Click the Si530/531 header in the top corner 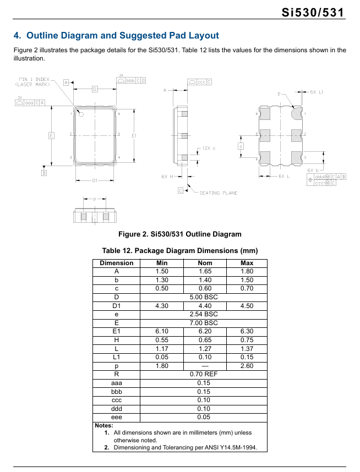316,13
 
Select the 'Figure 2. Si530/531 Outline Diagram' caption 179,234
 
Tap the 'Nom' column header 205,263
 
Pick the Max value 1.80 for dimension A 247,271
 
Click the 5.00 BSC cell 204,297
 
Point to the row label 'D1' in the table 116,306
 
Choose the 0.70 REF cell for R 204,374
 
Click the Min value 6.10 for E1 162,331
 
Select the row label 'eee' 116,417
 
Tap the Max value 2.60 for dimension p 247,366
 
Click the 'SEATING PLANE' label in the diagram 218,193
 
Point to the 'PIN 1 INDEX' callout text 34,80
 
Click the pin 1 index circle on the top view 80,114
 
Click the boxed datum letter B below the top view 44,173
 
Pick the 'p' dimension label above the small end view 95,199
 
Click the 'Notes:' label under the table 104,425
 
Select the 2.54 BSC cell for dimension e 204,314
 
